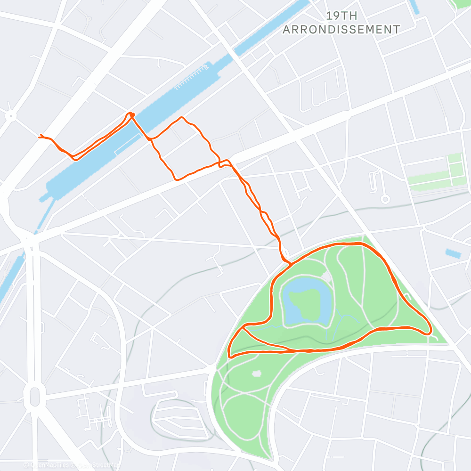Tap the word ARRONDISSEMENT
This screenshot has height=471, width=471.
341,29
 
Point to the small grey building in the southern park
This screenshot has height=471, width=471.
256,374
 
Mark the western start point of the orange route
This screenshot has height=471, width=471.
40,136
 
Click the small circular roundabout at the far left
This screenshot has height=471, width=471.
10,115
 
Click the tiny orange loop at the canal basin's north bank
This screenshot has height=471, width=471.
131,114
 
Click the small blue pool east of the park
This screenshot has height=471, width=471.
453,253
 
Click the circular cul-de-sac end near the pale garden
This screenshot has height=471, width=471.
385,199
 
